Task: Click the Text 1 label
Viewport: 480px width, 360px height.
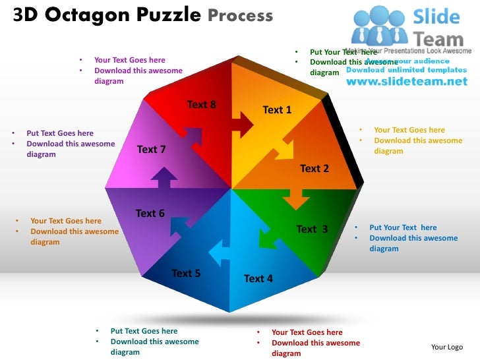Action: click(x=277, y=110)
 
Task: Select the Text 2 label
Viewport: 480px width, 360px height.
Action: click(x=315, y=169)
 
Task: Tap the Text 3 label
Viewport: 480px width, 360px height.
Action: click(x=313, y=229)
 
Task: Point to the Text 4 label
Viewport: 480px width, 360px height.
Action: click(x=258, y=279)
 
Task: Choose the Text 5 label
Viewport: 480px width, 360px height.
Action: click(x=186, y=274)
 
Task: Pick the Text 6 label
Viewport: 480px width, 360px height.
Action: click(x=150, y=214)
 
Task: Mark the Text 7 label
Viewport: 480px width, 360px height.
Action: click(x=151, y=150)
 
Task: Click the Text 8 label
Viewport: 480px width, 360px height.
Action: click(x=201, y=105)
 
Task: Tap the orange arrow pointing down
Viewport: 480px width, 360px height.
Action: click(x=296, y=197)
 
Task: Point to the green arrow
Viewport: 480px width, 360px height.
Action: click(x=268, y=238)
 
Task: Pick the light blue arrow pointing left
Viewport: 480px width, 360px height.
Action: click(x=220, y=251)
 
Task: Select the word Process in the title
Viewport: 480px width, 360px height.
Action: click(x=240, y=15)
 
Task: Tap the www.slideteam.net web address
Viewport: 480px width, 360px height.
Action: click(x=406, y=82)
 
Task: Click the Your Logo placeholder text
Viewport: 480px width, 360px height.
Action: click(x=446, y=347)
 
